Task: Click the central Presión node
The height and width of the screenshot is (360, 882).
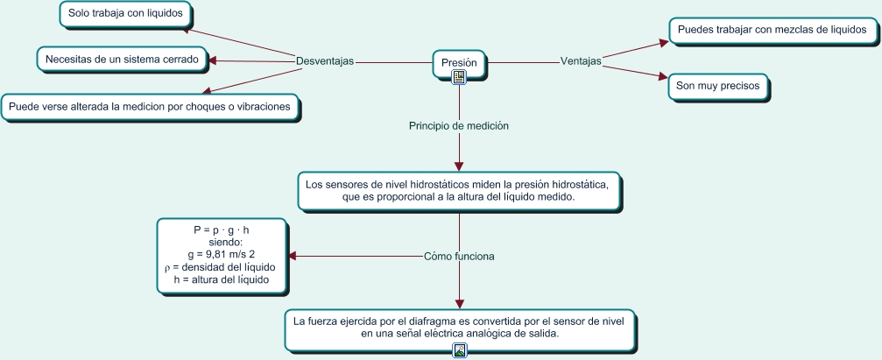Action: click(459, 63)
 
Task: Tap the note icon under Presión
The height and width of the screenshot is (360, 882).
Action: click(459, 77)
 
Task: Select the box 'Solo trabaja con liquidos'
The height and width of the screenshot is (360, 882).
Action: click(125, 14)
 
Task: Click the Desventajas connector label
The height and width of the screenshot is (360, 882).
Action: click(325, 61)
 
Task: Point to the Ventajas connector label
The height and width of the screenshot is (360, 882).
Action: click(581, 61)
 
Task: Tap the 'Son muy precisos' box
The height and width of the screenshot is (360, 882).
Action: click(717, 87)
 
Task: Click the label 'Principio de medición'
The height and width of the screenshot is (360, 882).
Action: click(459, 126)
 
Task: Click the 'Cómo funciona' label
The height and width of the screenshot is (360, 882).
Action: click(459, 257)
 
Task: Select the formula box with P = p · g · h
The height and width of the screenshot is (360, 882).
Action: click(222, 255)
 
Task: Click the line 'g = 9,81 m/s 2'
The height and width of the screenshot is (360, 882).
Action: click(222, 255)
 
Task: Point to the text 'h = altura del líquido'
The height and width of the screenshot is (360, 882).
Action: click(222, 279)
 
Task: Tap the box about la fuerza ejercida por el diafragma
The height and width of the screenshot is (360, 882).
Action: click(459, 328)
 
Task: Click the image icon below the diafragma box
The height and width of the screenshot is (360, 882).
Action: click(460, 350)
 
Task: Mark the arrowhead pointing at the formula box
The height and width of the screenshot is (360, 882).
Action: click(294, 257)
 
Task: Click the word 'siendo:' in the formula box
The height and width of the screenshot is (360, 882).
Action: click(222, 242)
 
